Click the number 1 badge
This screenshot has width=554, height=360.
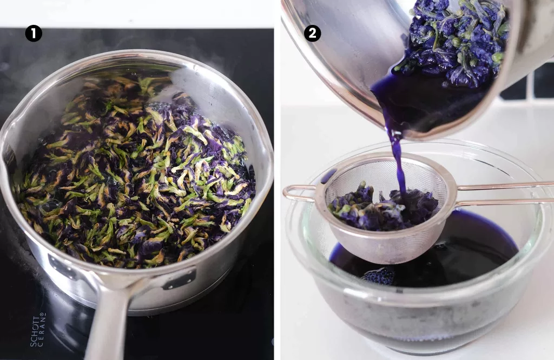pos(34,34)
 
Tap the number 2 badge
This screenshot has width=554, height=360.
pos(312,34)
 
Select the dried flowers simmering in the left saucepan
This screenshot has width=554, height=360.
pos(135,173)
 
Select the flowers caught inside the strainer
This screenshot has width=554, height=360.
pos(379,205)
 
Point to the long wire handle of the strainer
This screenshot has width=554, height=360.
pos(503,194)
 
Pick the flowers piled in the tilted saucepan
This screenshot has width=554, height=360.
pos(454,43)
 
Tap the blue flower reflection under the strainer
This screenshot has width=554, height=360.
pos(381,276)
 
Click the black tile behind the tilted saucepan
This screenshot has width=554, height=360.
pos(541,81)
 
